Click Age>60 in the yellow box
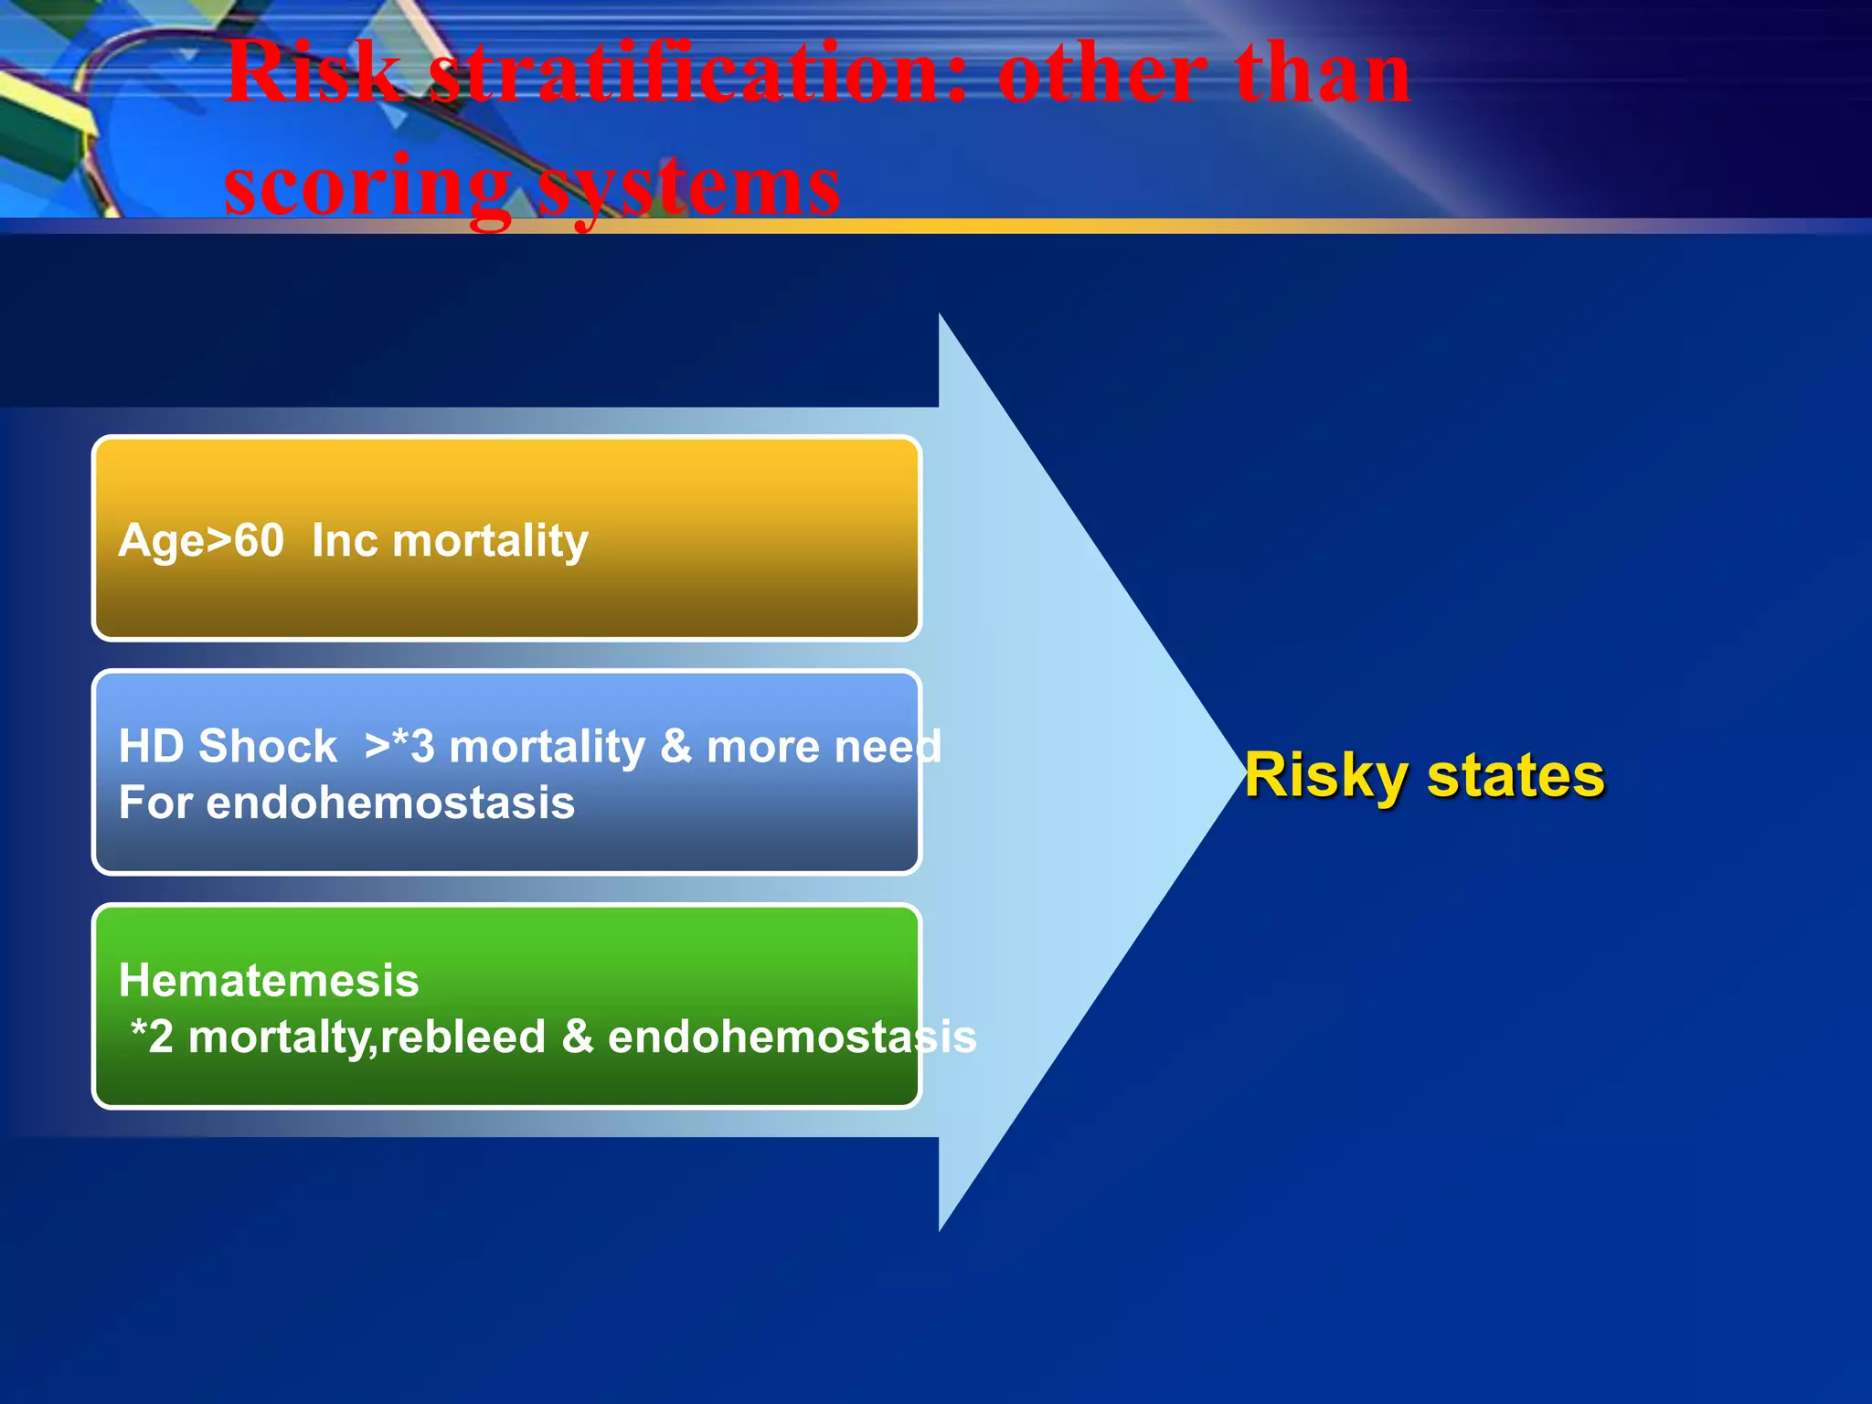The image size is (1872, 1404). click(x=201, y=540)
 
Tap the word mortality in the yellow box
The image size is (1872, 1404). click(x=490, y=540)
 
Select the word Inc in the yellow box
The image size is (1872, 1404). click(x=345, y=540)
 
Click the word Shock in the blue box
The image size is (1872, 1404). click(x=268, y=746)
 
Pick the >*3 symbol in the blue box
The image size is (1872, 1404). click(x=399, y=746)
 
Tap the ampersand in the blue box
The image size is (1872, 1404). click(x=676, y=746)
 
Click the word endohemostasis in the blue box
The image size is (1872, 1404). click(x=390, y=803)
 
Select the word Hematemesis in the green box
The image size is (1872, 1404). click(x=269, y=980)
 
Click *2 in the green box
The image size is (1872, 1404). click(x=152, y=1037)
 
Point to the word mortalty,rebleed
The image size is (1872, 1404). click(x=367, y=1037)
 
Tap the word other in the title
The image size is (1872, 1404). click(x=1101, y=73)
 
